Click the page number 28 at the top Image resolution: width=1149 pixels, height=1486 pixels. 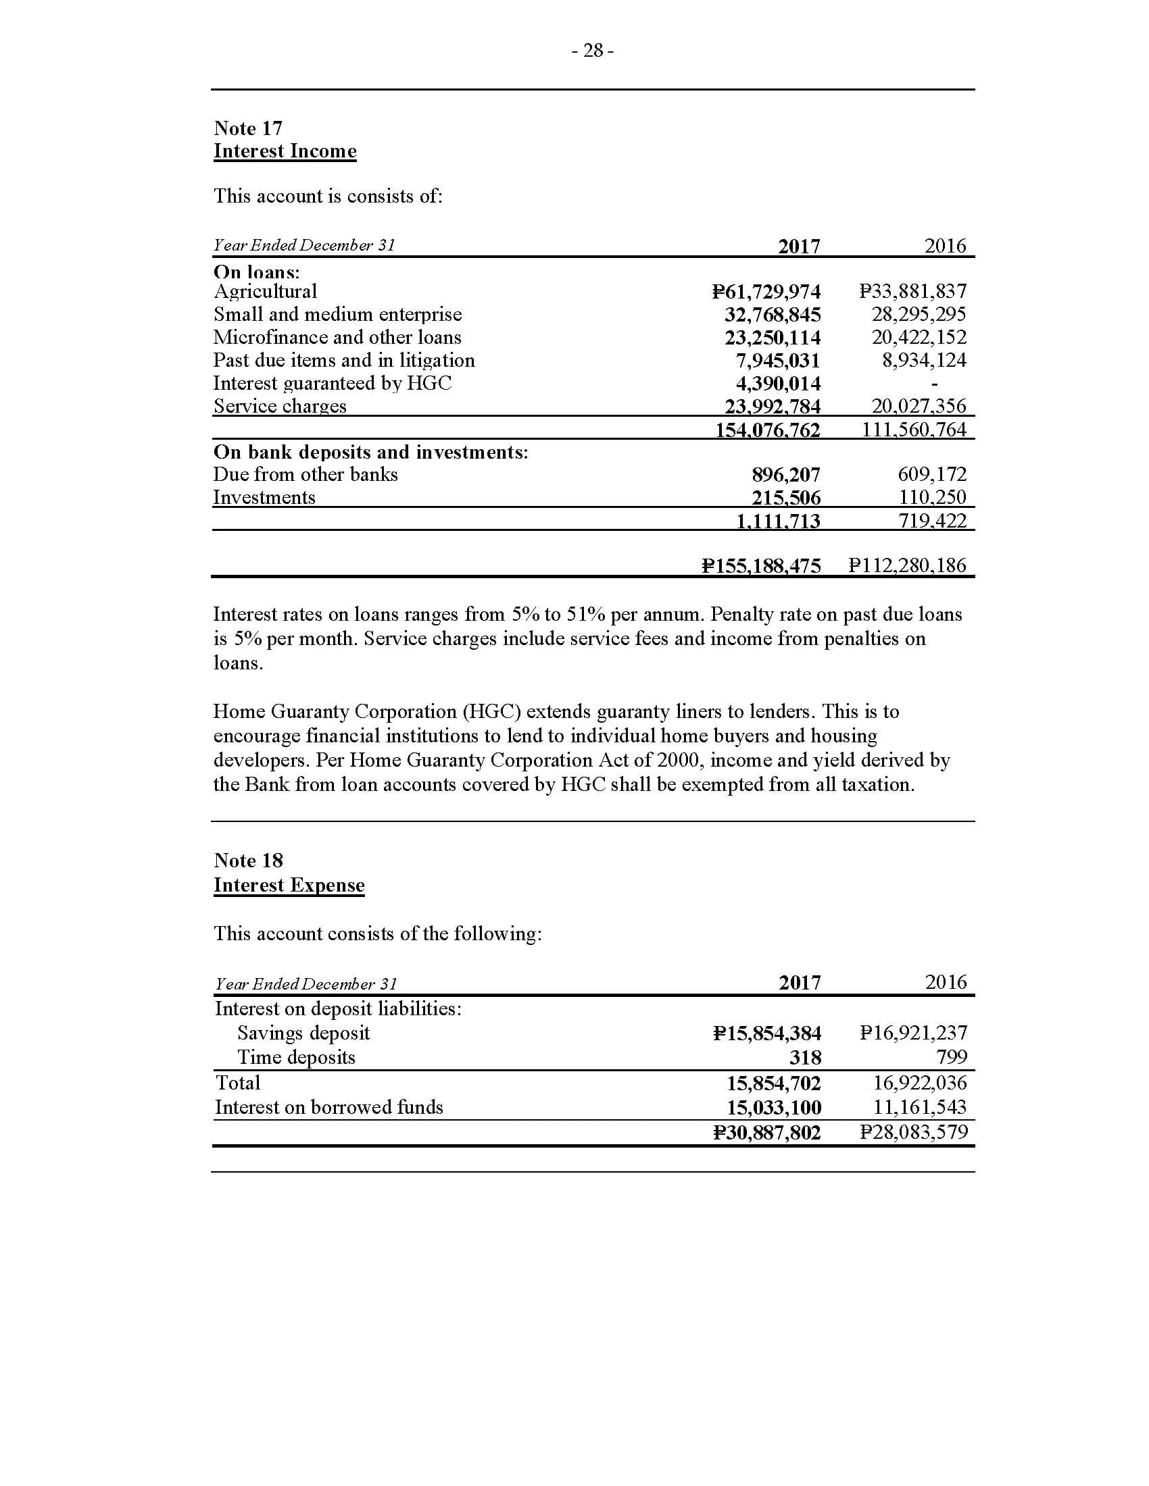coord(593,51)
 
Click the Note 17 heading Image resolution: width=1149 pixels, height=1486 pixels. coord(248,128)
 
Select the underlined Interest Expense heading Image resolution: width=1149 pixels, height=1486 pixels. coord(289,886)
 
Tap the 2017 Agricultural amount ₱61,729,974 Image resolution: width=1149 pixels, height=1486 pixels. coord(766,292)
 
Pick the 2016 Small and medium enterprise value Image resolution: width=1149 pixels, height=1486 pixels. coord(919,314)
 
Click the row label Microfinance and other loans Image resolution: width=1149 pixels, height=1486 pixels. coord(337,338)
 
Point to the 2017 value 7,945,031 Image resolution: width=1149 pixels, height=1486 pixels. coord(777,361)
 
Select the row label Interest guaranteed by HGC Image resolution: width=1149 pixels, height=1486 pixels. coord(332,384)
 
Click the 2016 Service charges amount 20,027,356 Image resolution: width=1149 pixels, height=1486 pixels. coord(919,406)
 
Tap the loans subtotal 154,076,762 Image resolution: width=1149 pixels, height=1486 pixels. coord(767,430)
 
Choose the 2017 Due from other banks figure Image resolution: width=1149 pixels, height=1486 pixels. coord(785,474)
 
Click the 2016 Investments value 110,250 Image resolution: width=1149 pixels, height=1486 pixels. coord(932,497)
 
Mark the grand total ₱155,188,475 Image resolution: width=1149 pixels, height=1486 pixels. coord(761,565)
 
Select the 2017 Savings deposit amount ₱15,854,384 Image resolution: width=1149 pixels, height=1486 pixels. coord(767,1033)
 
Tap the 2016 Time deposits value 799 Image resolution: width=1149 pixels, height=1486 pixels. coord(952,1057)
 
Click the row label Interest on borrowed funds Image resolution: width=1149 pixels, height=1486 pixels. coord(328,1108)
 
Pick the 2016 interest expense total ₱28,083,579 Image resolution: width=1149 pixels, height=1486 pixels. coord(913,1132)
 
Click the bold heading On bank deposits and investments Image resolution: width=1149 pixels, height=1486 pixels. coord(370,452)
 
